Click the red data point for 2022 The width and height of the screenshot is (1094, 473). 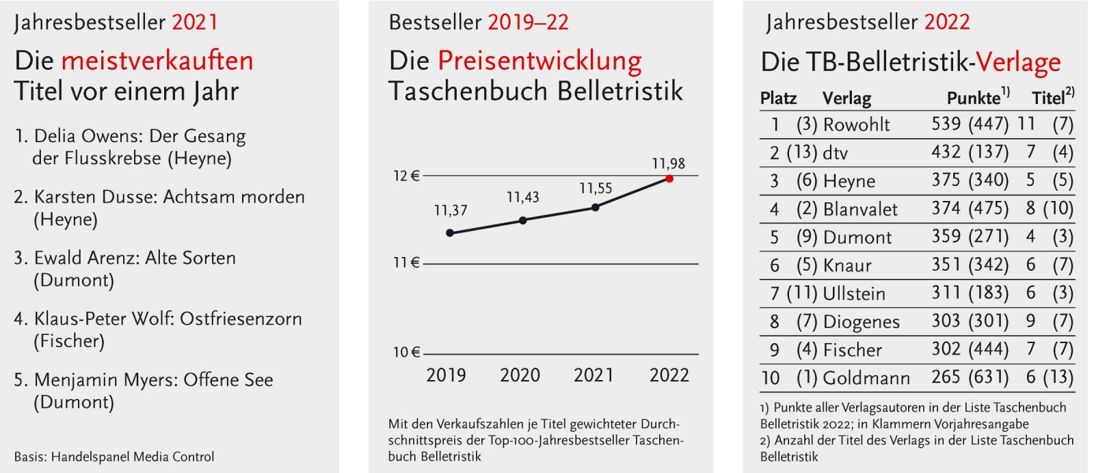669,178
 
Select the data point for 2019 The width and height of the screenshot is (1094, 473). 450,233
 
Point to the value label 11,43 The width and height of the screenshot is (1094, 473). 523,198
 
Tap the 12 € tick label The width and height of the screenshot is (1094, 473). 406,176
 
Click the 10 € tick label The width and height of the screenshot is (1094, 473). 406,352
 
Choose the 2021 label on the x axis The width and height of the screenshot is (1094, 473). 593,375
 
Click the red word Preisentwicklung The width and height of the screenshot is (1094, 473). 539,61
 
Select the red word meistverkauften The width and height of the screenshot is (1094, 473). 157,61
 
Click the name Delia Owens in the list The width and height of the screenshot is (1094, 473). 88,136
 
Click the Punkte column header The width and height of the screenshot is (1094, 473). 974,98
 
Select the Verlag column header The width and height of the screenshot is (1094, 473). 846,98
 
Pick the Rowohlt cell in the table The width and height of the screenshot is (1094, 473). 857,125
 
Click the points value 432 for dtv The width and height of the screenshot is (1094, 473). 946,152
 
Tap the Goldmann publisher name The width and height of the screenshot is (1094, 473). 866,378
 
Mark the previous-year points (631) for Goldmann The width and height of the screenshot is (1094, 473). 989,377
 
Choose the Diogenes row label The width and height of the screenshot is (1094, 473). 861,322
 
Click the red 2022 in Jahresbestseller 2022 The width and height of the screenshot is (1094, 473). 947,22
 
